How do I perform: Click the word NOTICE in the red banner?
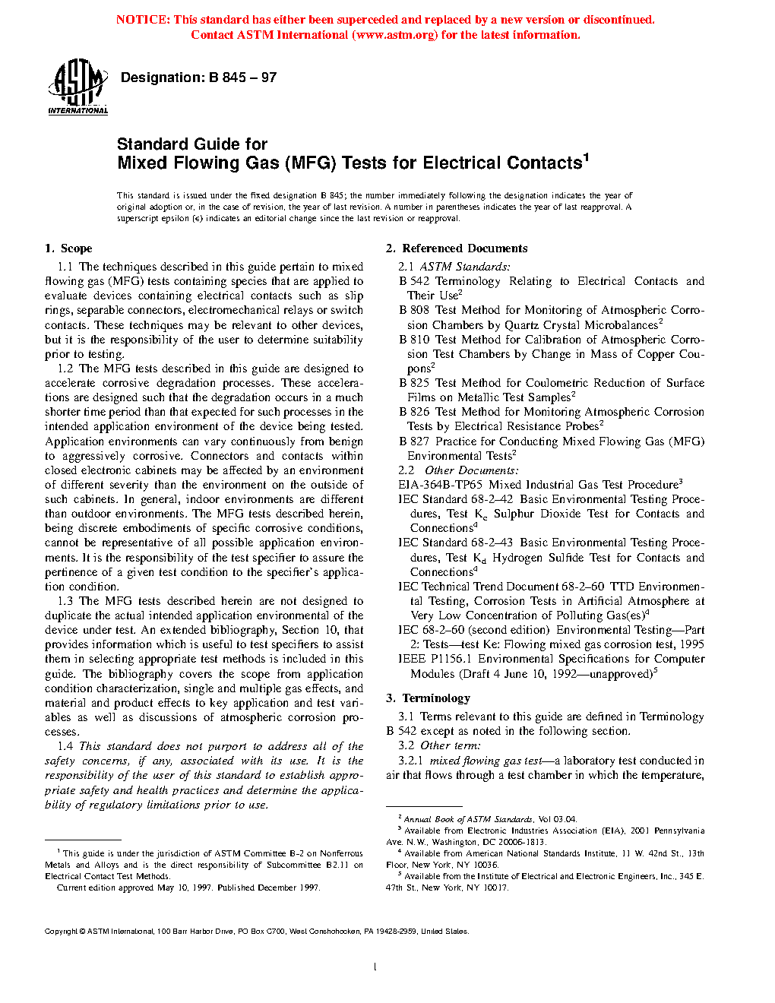click(x=143, y=20)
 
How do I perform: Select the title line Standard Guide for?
click(x=192, y=144)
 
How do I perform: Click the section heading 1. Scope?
click(x=68, y=248)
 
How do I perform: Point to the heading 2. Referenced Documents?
click(x=457, y=248)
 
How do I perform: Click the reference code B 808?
click(x=414, y=310)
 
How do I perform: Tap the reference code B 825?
click(x=414, y=383)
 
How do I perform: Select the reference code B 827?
click(x=414, y=441)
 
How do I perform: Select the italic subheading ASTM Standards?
click(x=465, y=267)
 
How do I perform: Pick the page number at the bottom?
click(x=375, y=967)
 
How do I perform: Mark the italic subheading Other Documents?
click(x=472, y=470)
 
